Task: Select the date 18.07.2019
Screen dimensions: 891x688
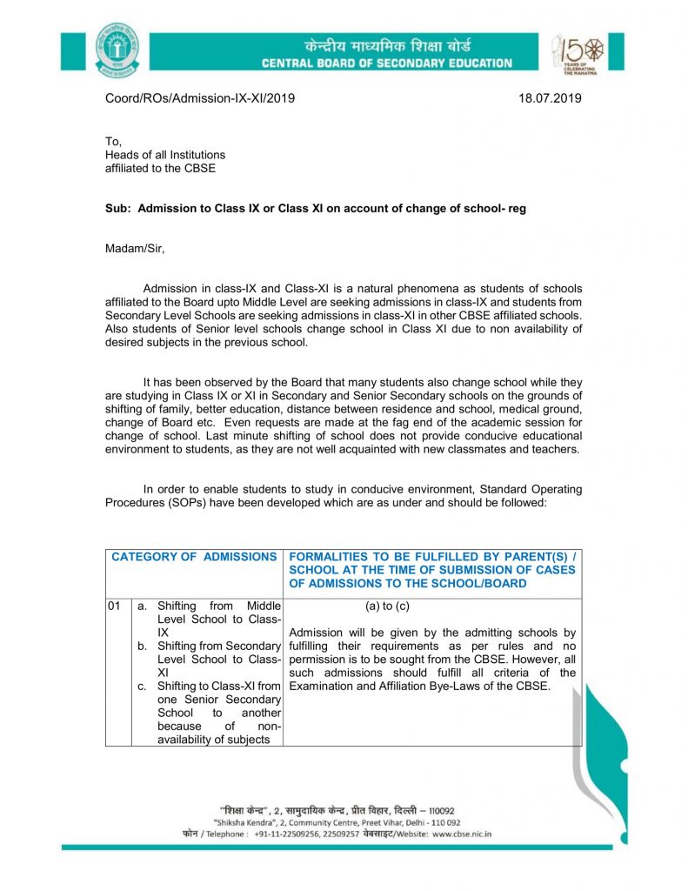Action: click(x=550, y=98)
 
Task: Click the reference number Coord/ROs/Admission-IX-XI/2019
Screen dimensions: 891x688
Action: click(x=200, y=98)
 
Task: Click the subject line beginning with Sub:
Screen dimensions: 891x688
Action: click(x=315, y=210)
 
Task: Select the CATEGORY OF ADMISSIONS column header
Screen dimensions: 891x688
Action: click(x=194, y=557)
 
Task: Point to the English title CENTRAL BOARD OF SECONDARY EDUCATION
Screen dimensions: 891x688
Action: click(x=387, y=64)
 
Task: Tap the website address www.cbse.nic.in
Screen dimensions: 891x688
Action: click(x=462, y=833)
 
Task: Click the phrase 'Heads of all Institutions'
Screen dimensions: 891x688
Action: click(x=165, y=155)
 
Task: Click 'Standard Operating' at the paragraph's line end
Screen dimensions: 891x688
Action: click(x=530, y=489)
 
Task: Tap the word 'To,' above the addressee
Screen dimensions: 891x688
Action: click(x=113, y=141)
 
